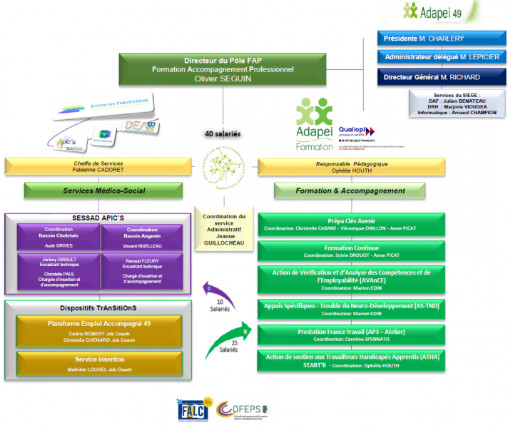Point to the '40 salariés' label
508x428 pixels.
click(x=223, y=133)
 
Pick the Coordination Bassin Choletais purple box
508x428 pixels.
click(x=59, y=237)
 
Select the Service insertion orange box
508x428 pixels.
click(x=99, y=364)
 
